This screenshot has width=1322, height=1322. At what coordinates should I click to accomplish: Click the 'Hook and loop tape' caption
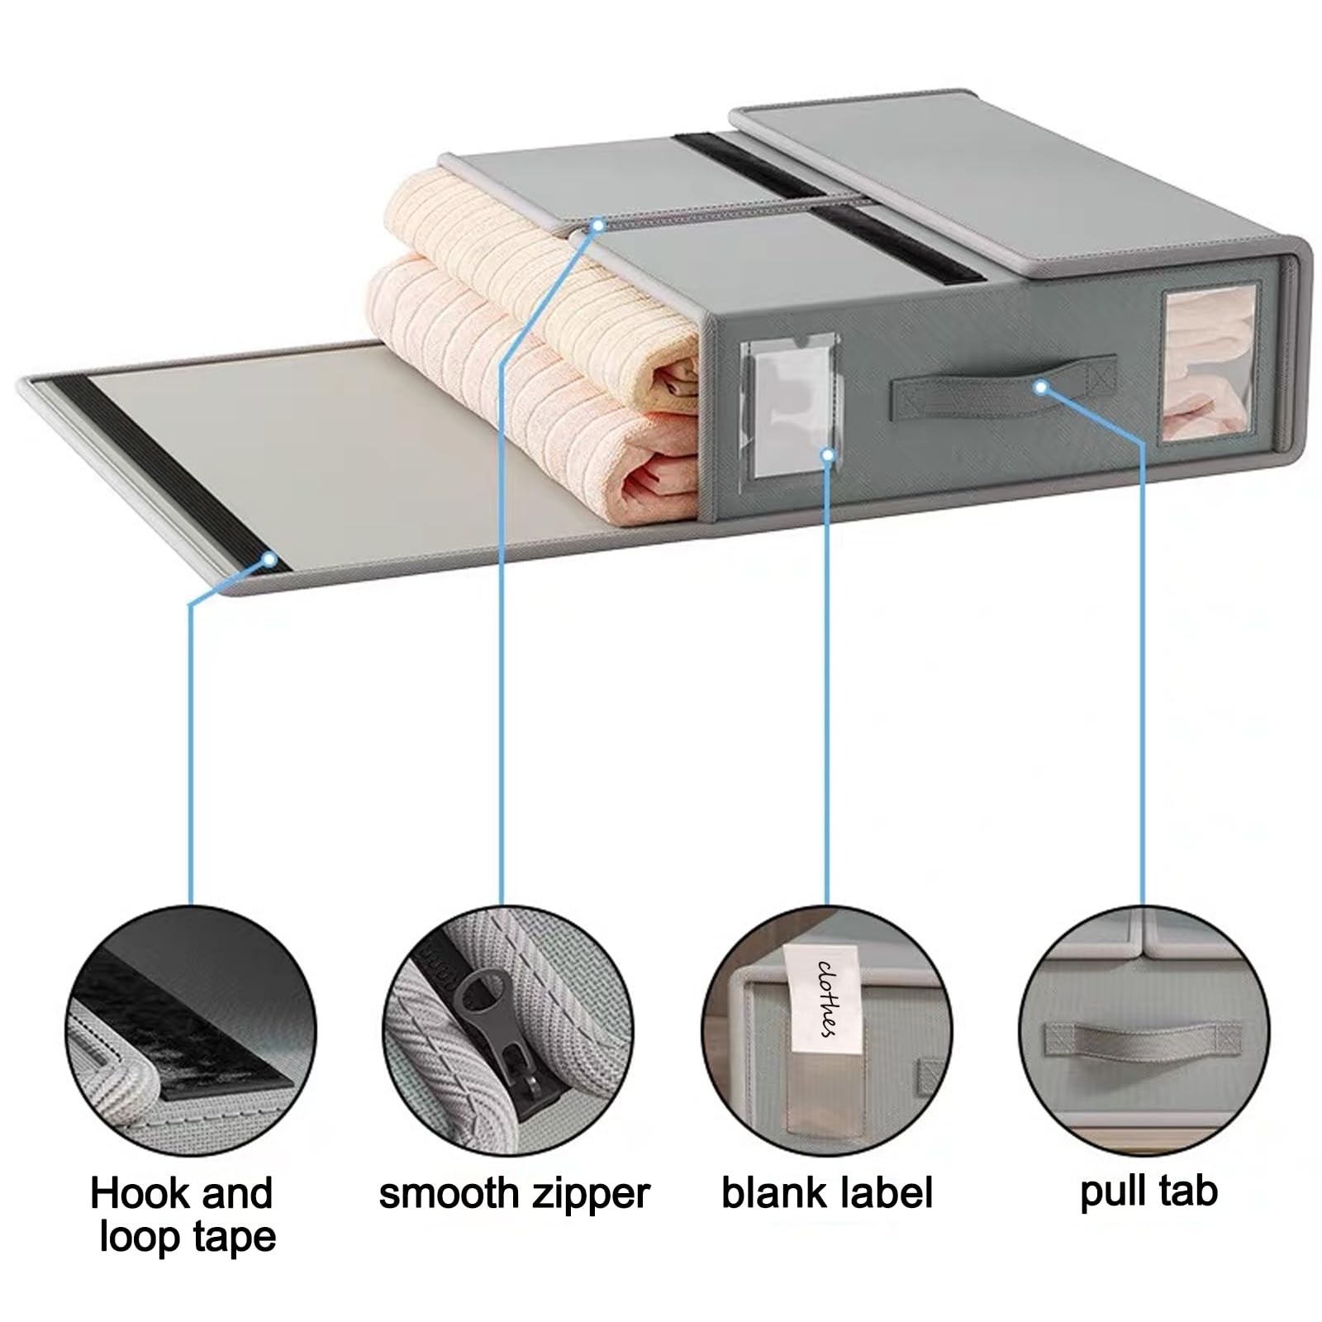click(x=182, y=1215)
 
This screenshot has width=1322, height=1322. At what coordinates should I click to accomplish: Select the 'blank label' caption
click(x=826, y=1193)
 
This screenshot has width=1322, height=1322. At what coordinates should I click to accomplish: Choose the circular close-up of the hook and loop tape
click(x=191, y=1030)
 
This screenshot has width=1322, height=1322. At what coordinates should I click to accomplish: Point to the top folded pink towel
click(x=545, y=288)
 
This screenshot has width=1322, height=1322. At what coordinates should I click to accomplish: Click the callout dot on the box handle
click(x=1041, y=386)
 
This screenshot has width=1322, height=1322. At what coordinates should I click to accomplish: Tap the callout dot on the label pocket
click(x=828, y=454)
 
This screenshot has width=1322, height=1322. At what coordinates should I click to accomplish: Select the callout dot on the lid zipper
click(x=598, y=224)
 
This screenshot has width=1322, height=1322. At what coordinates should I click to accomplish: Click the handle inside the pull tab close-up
click(x=1144, y=1039)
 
